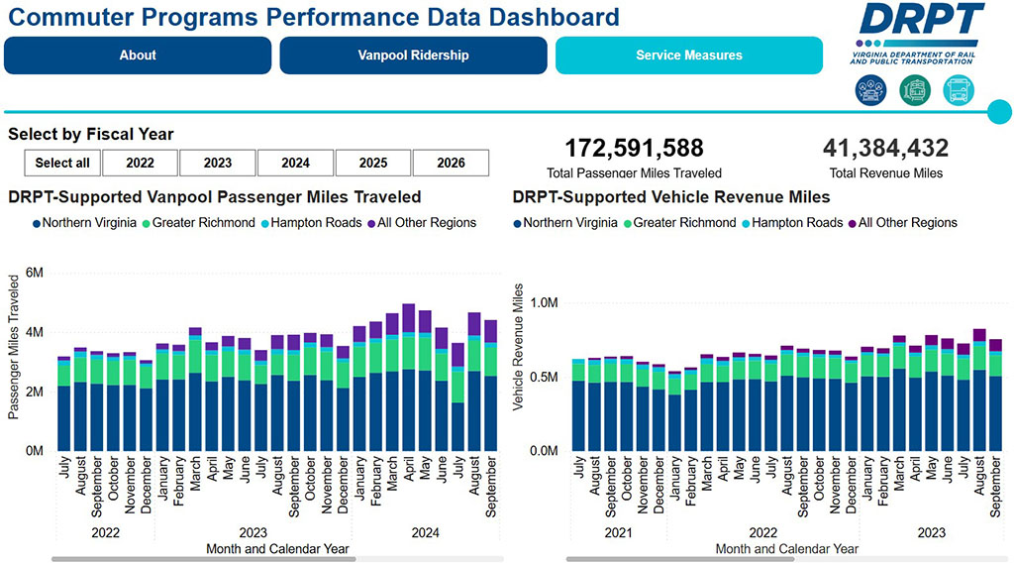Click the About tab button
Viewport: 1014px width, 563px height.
tap(138, 56)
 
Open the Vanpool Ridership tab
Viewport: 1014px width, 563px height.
tap(413, 56)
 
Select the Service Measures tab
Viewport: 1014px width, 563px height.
tap(688, 56)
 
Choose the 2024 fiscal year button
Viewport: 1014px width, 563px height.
tap(295, 164)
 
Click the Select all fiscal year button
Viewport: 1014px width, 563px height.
tap(62, 164)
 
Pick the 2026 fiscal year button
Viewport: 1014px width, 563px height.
tap(451, 164)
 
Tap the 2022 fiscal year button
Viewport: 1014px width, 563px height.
tap(140, 164)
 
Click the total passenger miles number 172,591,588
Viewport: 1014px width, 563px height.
tap(634, 149)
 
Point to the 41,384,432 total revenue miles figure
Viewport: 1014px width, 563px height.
tap(885, 149)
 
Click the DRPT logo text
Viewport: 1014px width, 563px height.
tap(922, 21)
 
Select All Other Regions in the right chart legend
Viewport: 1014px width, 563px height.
tap(907, 223)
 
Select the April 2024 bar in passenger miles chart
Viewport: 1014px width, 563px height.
tap(408, 377)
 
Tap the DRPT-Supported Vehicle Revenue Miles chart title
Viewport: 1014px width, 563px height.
tap(671, 197)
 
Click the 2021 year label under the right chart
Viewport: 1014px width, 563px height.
tap(618, 532)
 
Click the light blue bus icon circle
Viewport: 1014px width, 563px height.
tap(959, 91)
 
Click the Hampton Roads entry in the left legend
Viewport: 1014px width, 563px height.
tap(314, 223)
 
